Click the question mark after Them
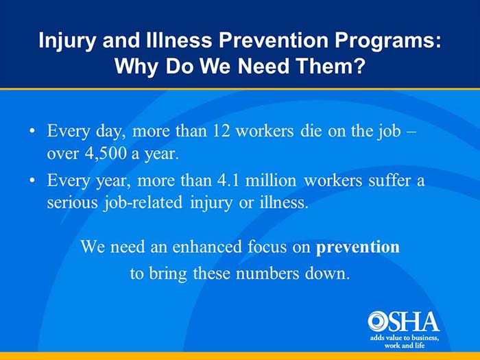tap(359, 66)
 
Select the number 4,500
tap(106, 154)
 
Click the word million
tap(271, 180)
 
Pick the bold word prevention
tap(357, 248)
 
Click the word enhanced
tap(207, 246)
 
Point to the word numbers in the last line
tap(267, 273)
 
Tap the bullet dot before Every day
tap(32, 132)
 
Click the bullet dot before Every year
tap(32, 181)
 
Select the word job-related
tap(143, 203)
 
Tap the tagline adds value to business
tap(405, 338)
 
